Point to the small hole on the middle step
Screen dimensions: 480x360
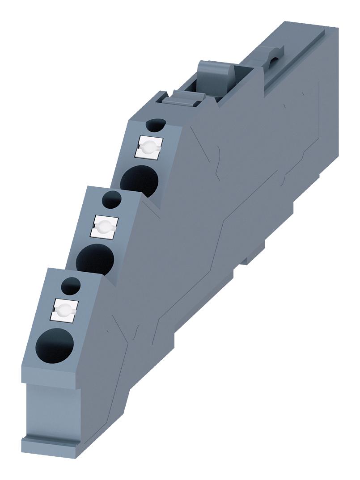112,198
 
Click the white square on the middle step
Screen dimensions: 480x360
104,226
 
